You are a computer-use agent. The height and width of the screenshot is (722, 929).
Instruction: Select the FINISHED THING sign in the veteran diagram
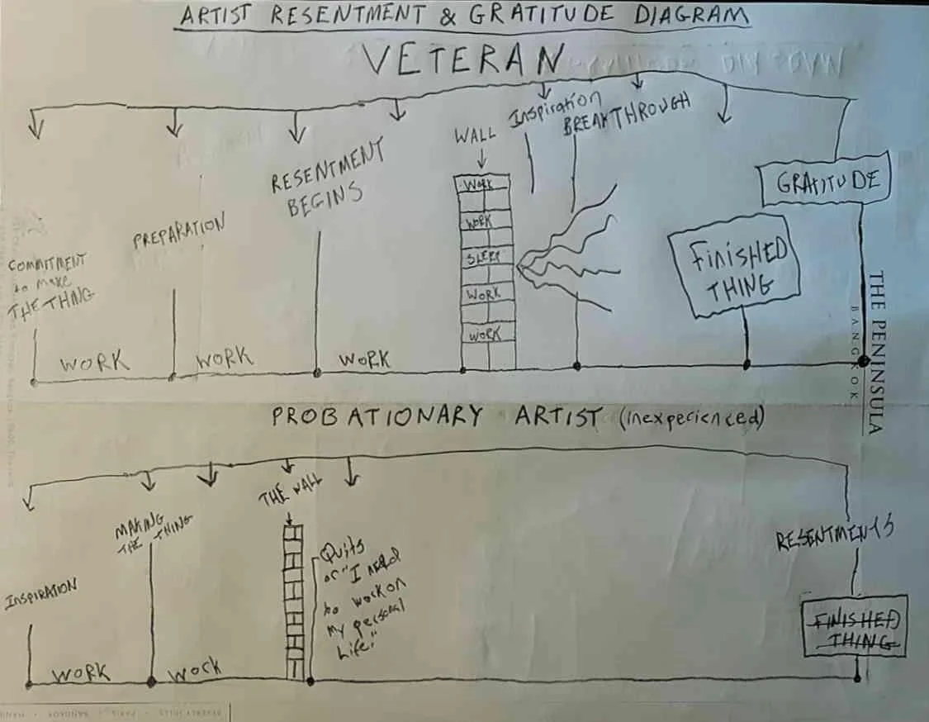pos(734,266)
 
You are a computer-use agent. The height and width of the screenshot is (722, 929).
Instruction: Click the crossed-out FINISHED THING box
pos(856,626)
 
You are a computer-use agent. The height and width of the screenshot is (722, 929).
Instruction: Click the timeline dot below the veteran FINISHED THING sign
pos(747,363)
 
